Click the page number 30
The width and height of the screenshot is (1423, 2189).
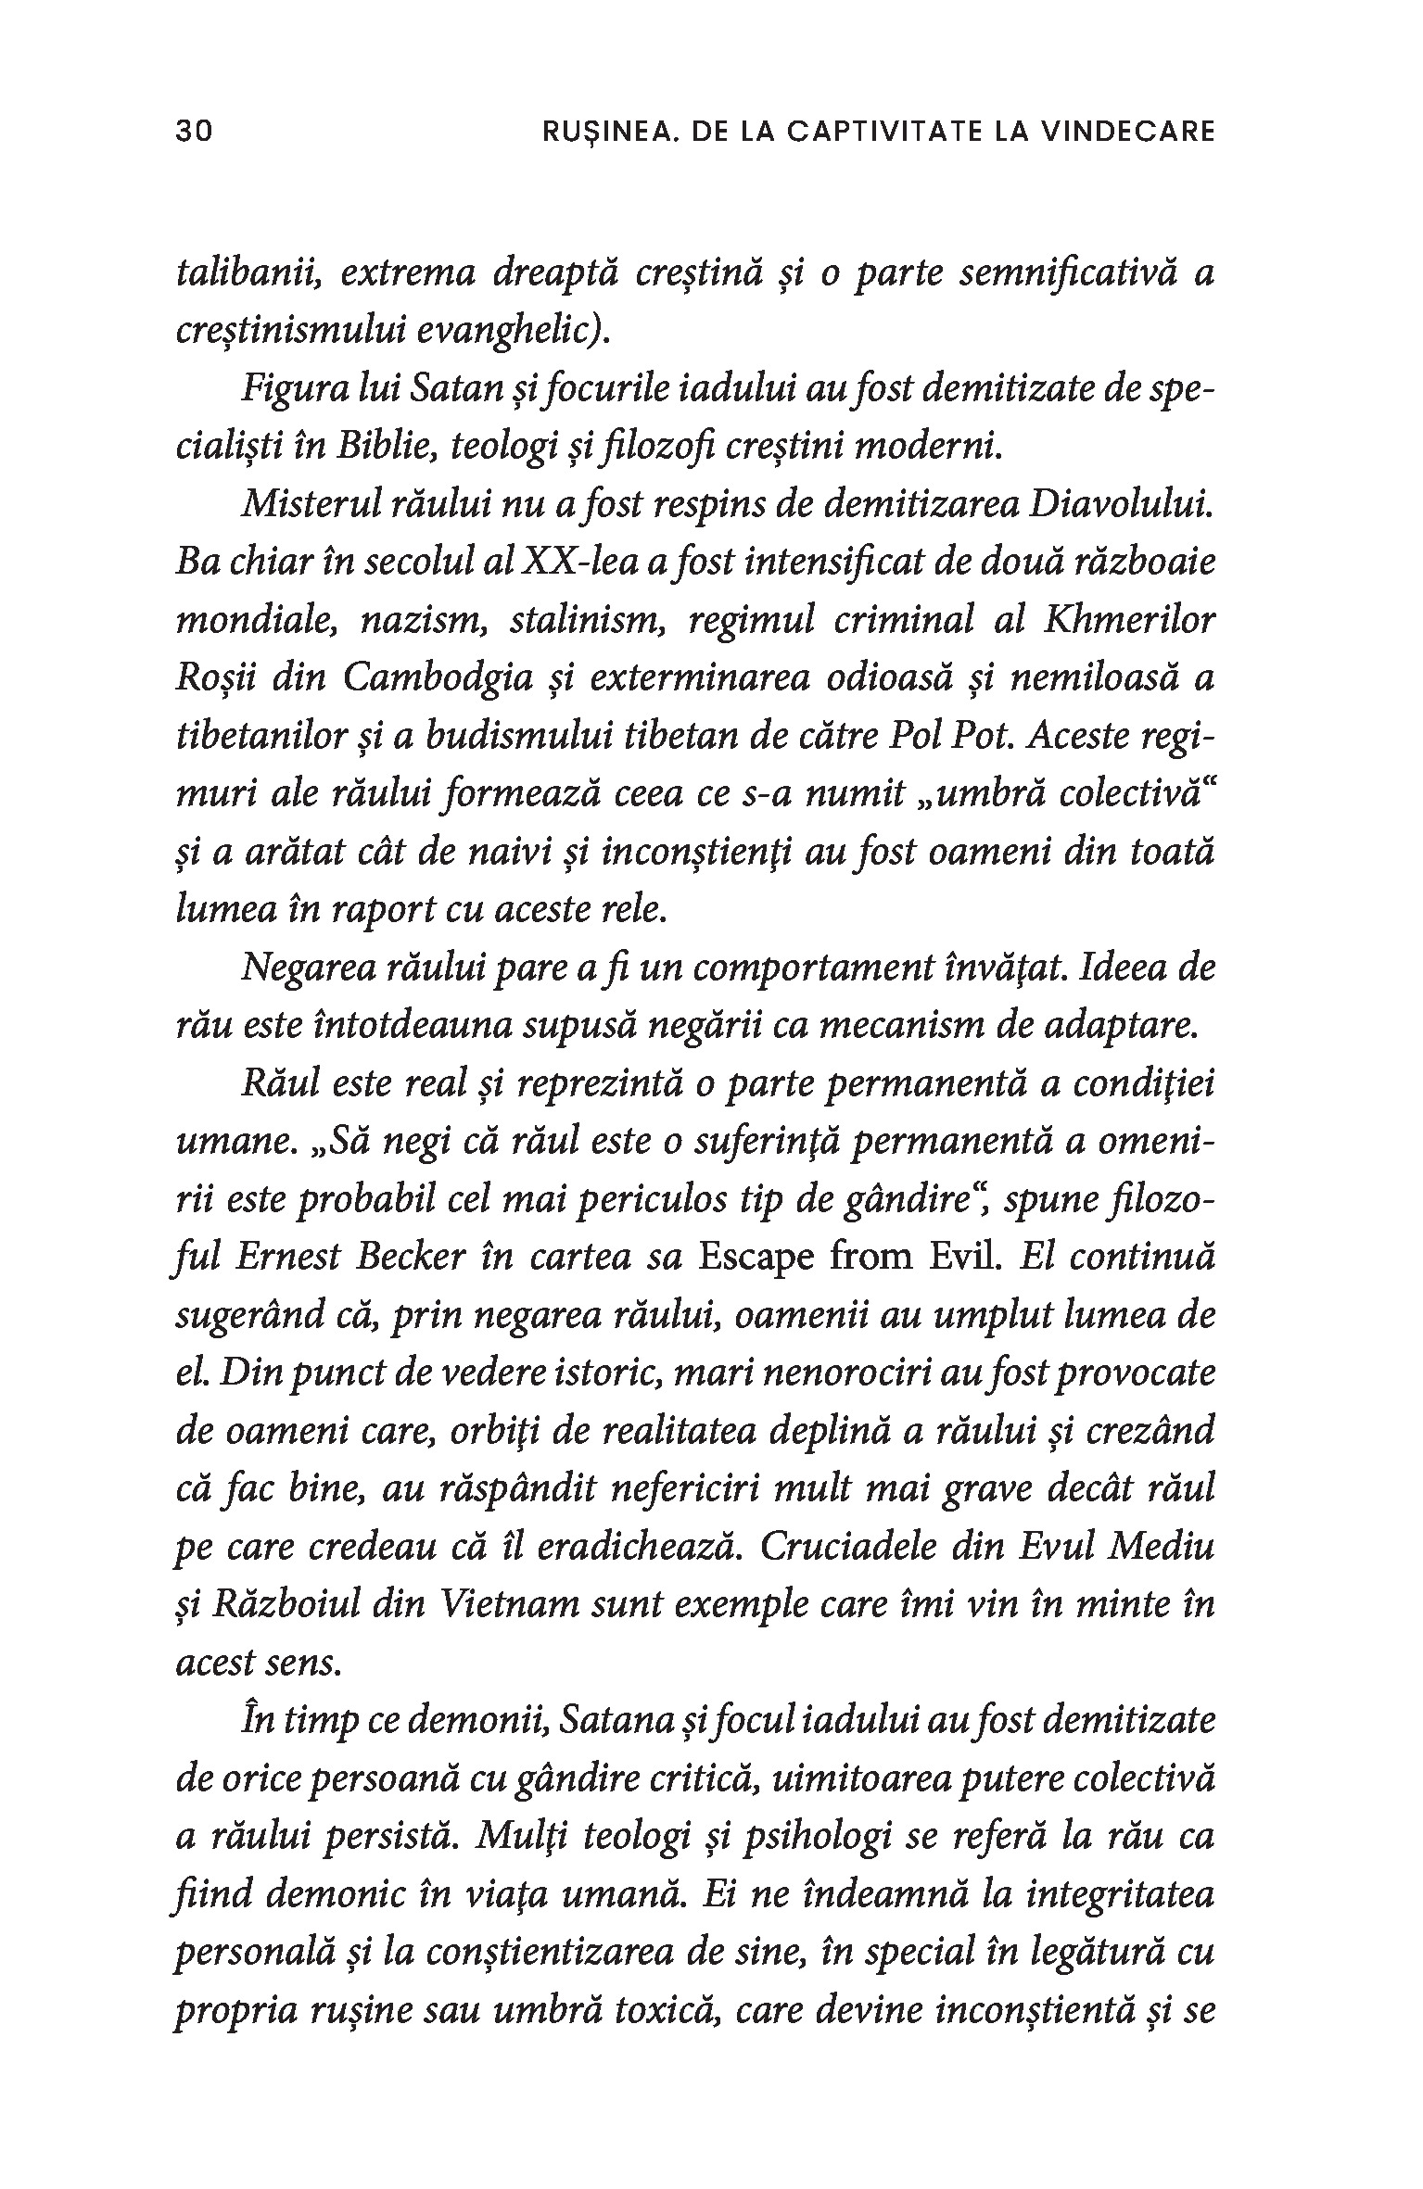coord(194,131)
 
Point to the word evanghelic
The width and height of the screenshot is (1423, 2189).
coord(511,333)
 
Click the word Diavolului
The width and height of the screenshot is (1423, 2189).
coord(1122,506)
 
